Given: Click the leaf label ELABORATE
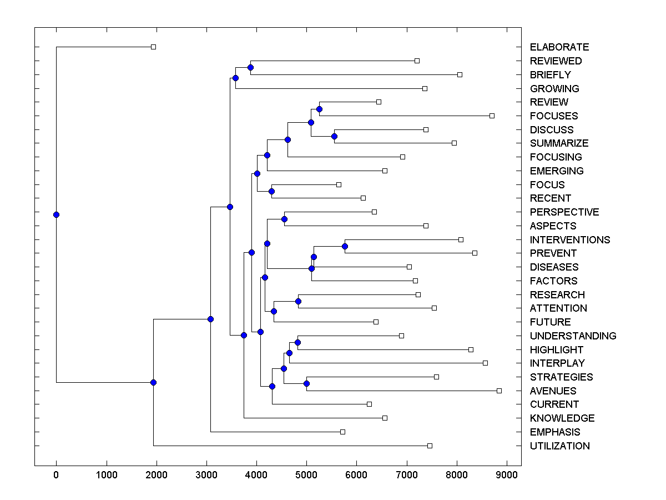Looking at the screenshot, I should click(x=559, y=47).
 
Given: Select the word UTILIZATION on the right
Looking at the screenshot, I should click(x=559, y=446).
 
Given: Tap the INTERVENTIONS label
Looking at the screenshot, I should click(x=569, y=240).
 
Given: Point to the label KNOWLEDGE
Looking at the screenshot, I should click(x=562, y=418).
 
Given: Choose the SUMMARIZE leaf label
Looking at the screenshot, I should click(x=559, y=143).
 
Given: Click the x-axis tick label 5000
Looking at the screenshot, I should click(x=307, y=475).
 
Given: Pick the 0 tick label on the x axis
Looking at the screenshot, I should click(x=56, y=475).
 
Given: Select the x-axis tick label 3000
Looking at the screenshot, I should click(x=206, y=475).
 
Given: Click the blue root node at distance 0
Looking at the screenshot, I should click(x=56, y=214).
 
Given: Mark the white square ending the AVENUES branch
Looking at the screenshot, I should click(x=499, y=391).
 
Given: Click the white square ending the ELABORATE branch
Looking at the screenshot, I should click(x=154, y=47).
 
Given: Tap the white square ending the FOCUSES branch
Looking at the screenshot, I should click(x=492, y=116).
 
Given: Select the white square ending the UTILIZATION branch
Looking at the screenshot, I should click(x=430, y=446).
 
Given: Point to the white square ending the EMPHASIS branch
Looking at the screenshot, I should click(x=342, y=432).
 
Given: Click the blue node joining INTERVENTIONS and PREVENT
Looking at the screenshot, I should click(x=345, y=246).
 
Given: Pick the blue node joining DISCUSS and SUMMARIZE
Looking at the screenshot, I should click(x=334, y=136).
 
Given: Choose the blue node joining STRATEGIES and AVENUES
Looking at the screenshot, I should click(x=306, y=383).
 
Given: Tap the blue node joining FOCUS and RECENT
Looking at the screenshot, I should click(x=271, y=191).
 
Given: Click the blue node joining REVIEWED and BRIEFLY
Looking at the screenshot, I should click(x=250, y=67).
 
